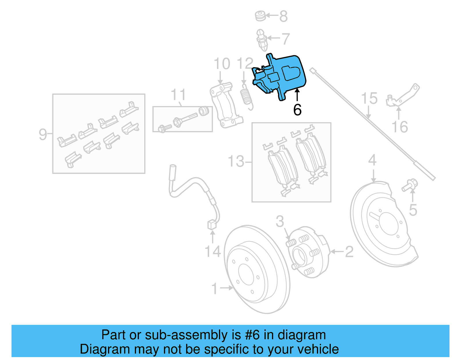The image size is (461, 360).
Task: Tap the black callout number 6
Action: pos(297,110)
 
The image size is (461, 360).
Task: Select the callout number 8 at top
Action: pos(284,16)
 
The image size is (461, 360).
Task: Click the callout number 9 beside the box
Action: pos(43,134)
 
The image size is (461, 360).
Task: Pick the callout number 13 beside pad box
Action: pos(236,161)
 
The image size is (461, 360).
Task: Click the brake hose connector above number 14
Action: pos(212,225)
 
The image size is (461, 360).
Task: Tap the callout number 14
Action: pos(213,251)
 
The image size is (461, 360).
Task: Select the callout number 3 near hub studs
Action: pos(280,221)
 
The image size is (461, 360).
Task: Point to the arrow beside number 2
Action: pos(336,252)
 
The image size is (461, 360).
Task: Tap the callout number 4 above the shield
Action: pos(372,160)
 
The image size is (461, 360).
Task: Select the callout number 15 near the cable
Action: pos(369,98)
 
